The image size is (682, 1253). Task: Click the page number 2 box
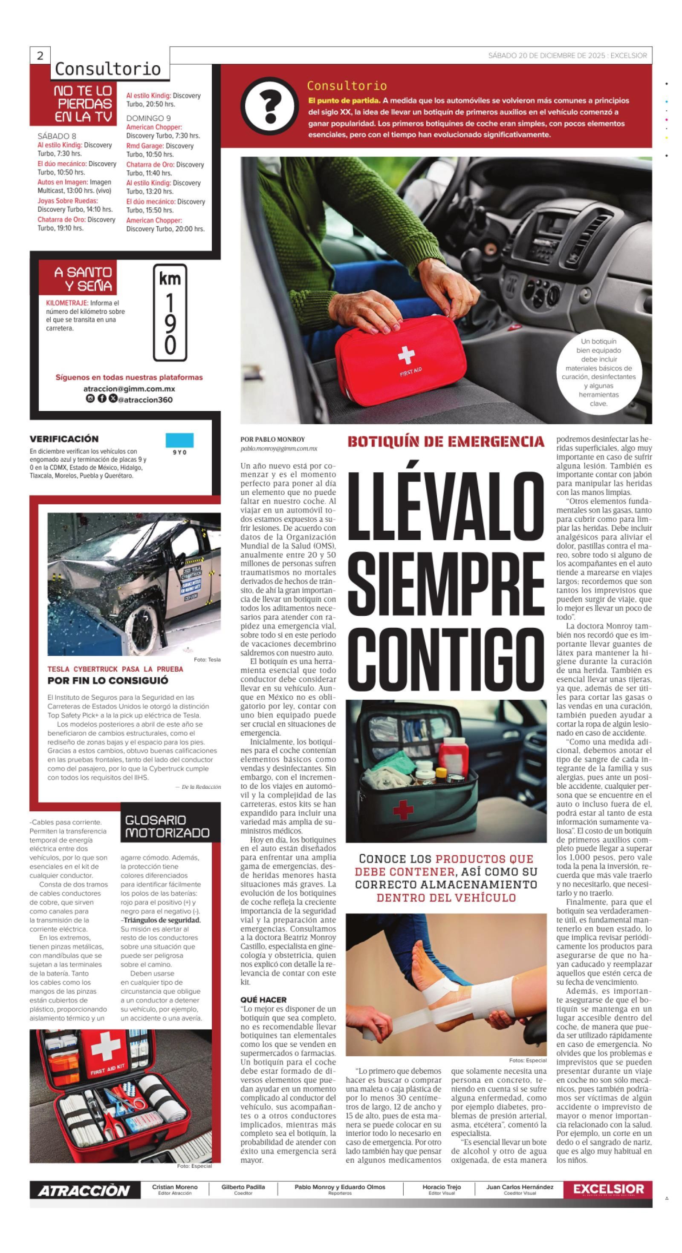point(40,55)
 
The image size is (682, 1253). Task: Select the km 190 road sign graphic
point(170,312)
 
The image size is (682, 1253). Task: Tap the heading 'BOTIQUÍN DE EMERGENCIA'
point(445,442)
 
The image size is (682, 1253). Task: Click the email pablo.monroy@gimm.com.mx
point(278,448)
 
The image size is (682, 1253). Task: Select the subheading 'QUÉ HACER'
point(263,999)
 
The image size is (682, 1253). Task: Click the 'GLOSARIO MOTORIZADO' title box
point(167,826)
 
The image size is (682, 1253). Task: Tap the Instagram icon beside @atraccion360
point(90,398)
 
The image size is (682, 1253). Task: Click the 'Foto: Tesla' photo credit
point(207,660)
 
